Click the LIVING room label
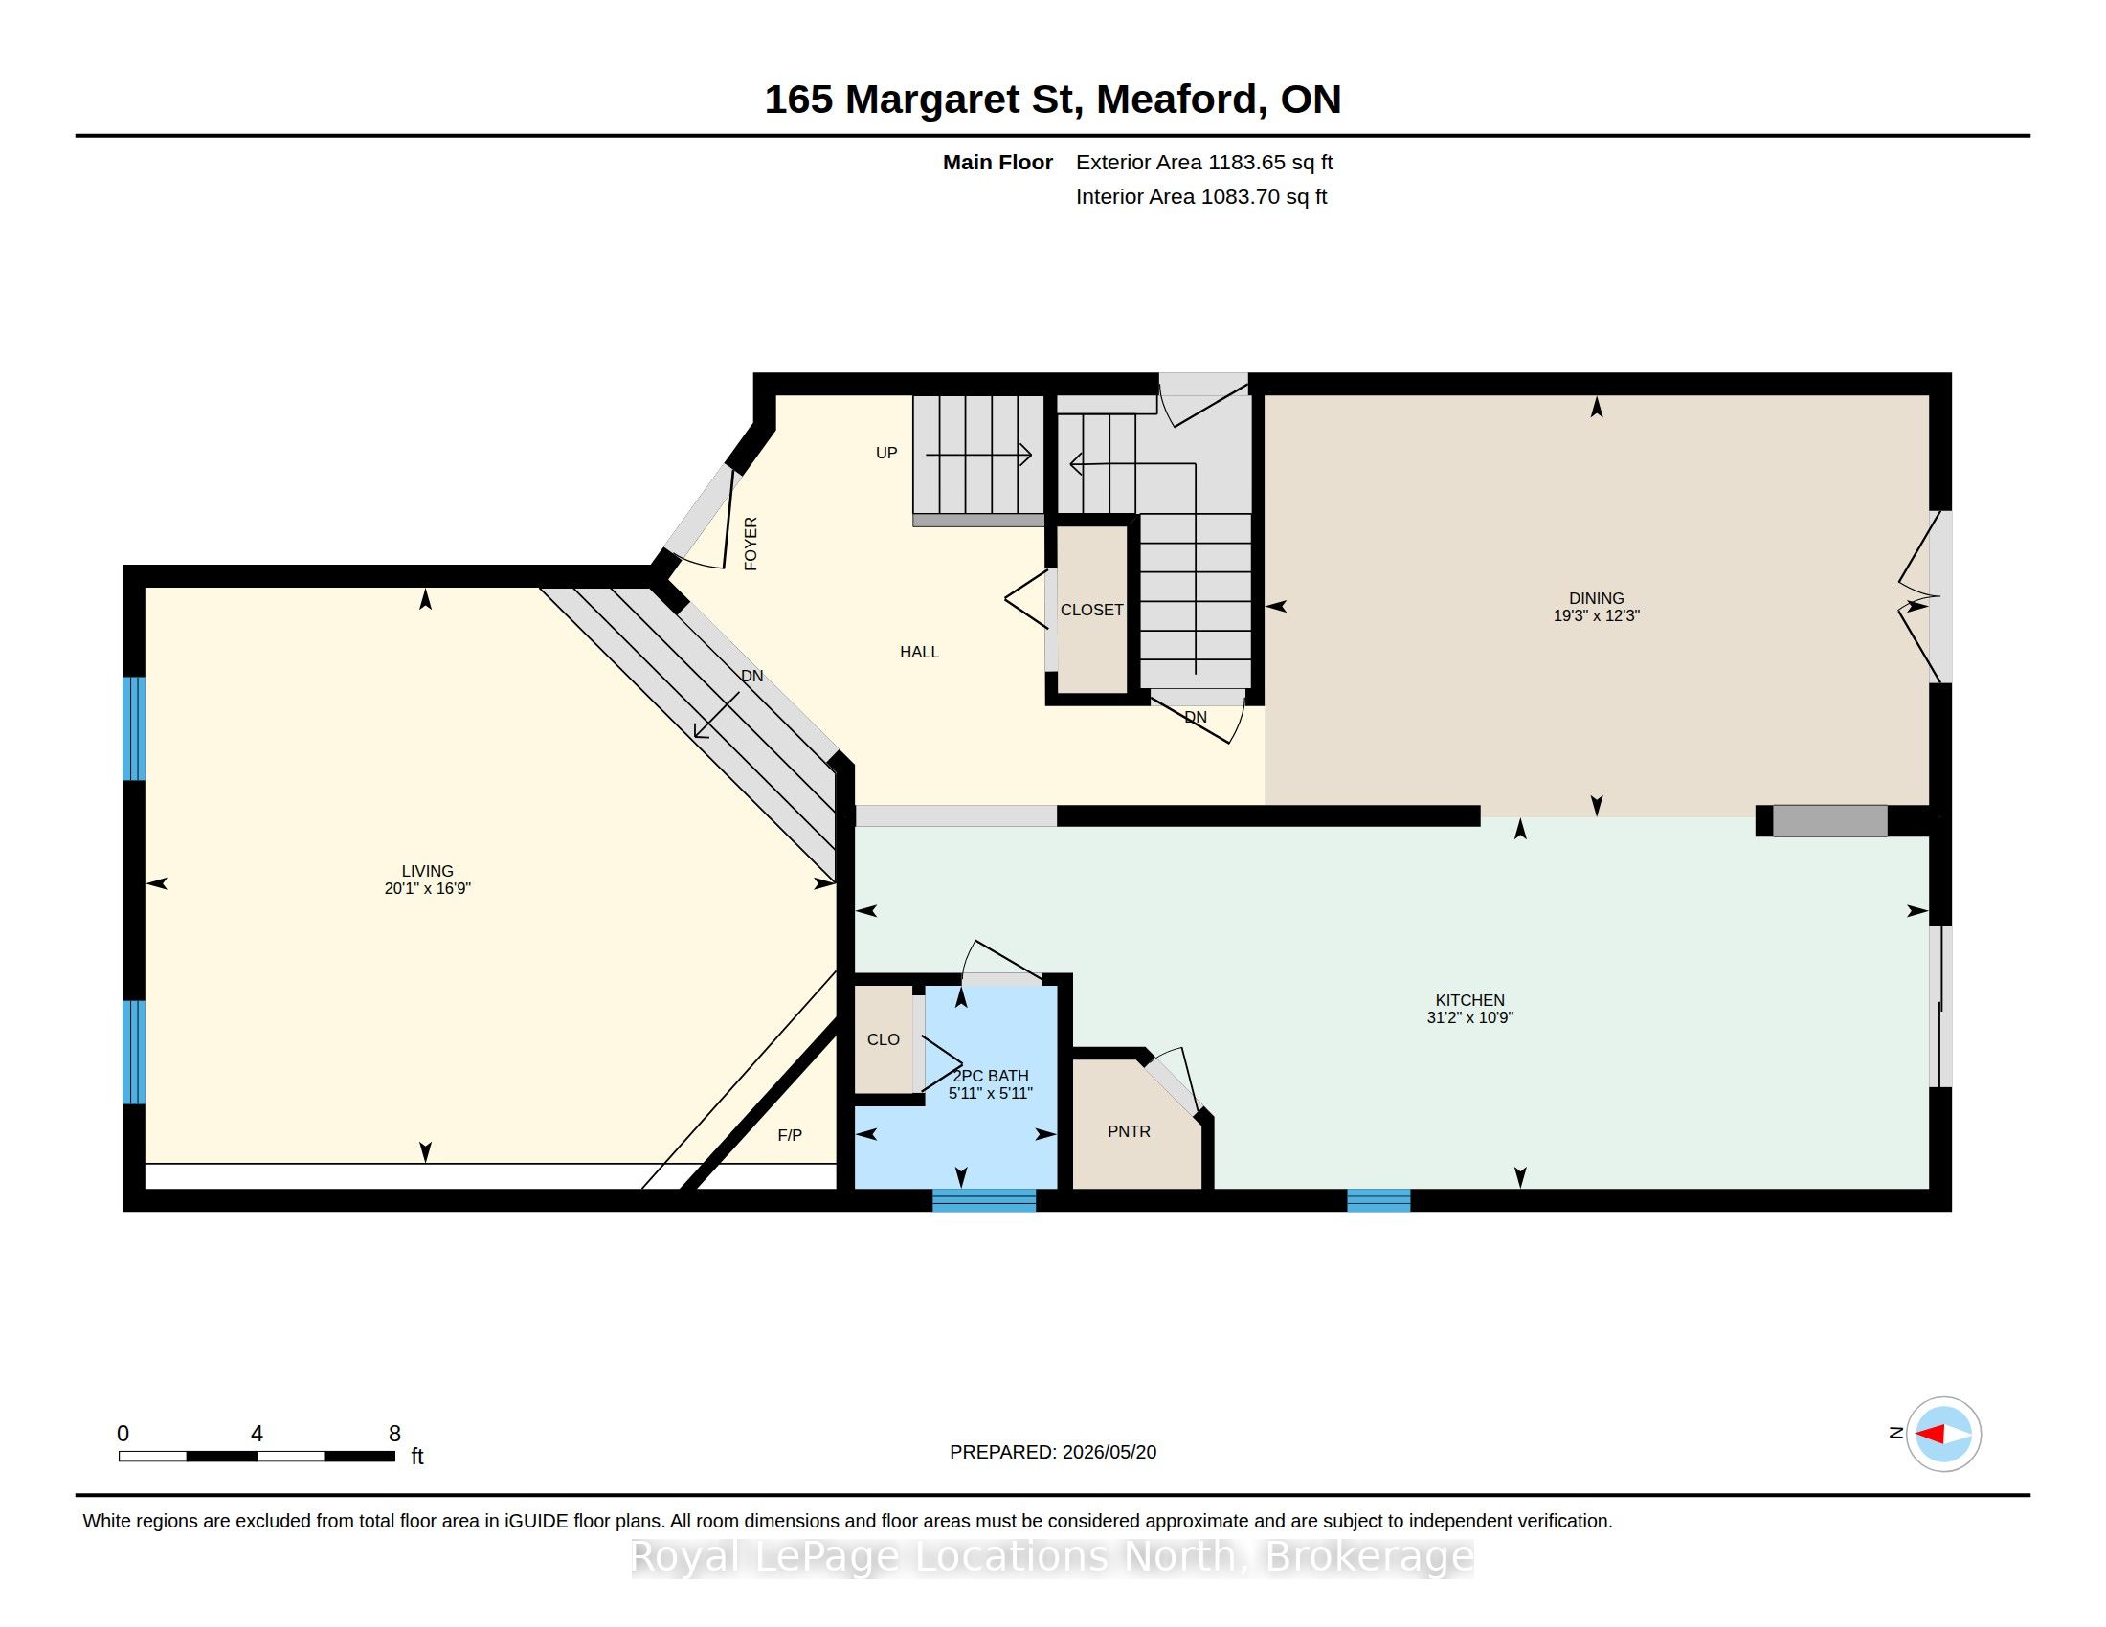427,870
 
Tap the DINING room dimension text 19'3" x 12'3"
1596,616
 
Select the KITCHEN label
1469,999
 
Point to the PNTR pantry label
1129,1130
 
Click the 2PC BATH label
991,1076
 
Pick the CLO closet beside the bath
884,1039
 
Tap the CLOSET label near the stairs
1091,609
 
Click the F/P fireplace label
790,1134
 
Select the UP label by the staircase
886,452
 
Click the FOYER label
751,544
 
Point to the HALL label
919,652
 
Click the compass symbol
1943,1434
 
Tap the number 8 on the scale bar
394,1434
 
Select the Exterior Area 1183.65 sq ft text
1204,162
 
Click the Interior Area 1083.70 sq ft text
1201,196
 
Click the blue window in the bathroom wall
983,1200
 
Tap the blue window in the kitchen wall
1378,1200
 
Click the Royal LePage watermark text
1053,1556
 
